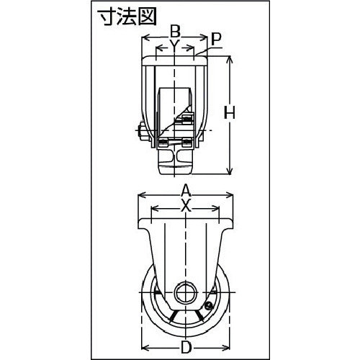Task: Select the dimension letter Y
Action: [174, 45]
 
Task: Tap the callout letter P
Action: [217, 38]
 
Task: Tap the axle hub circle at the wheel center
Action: [185, 294]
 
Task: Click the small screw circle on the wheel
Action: [209, 306]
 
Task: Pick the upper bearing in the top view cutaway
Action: [188, 119]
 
